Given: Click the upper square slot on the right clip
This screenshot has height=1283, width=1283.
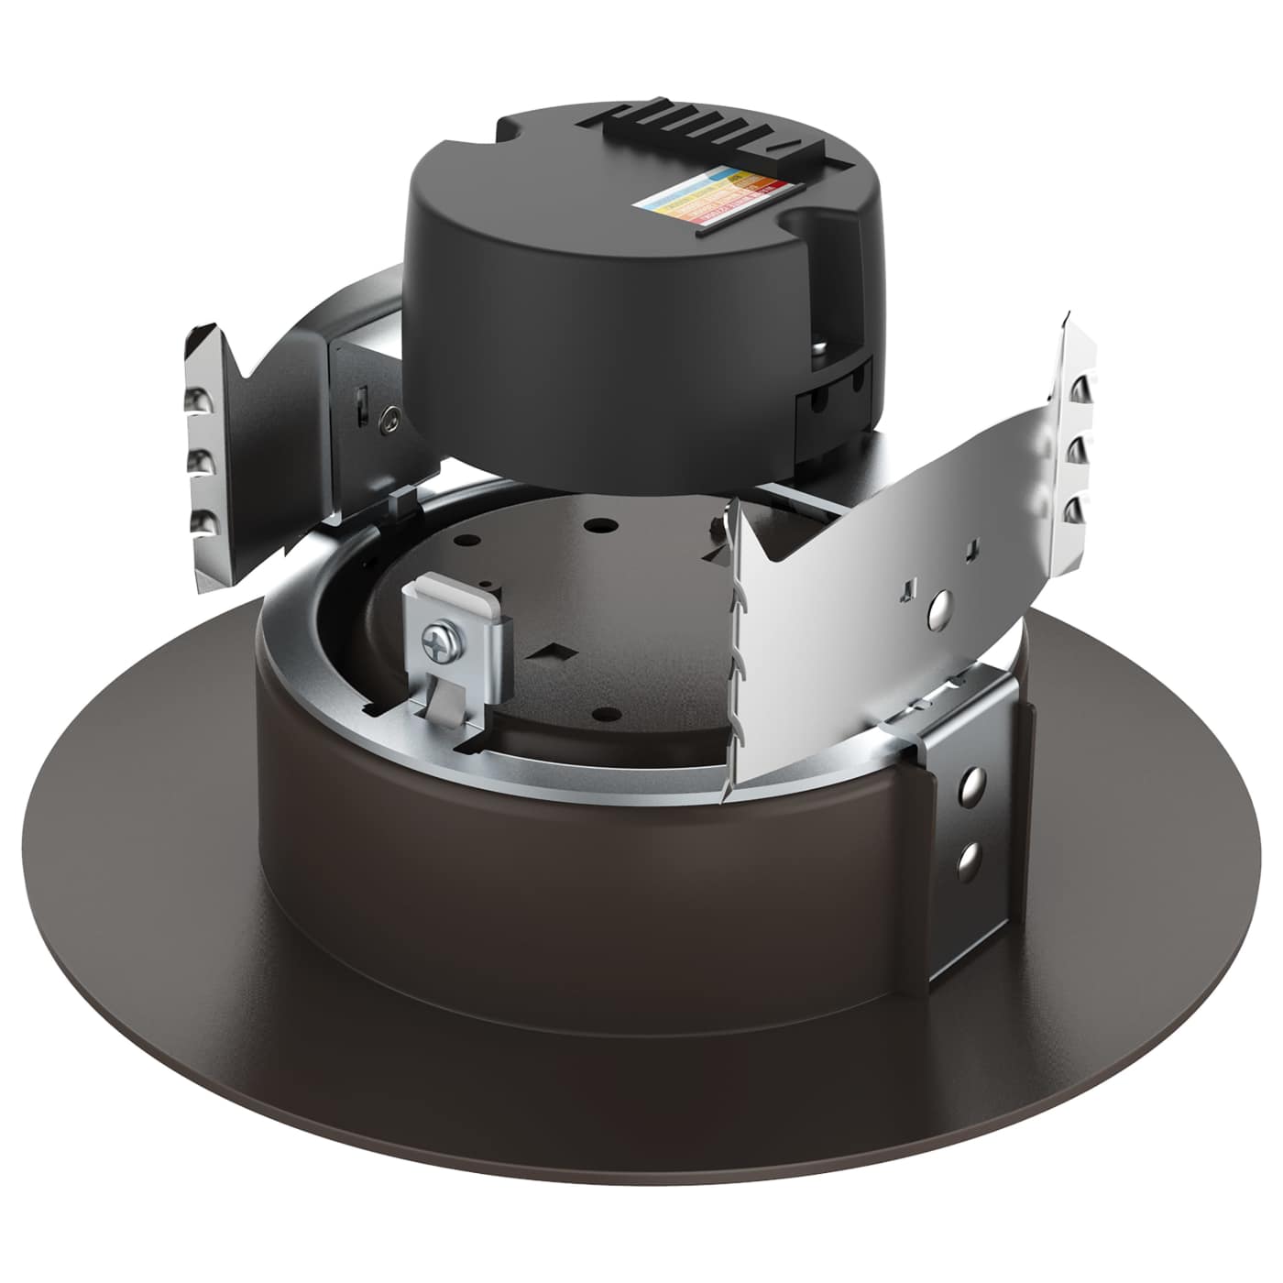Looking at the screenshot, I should (971, 549).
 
